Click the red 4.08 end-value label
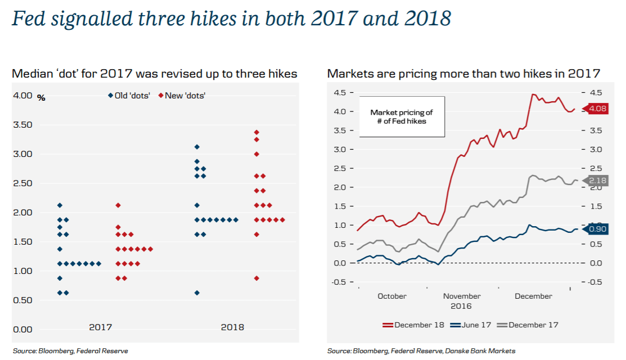click(598, 109)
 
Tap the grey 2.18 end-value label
click(598, 180)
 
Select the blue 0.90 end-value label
click(598, 229)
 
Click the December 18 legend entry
click(413, 325)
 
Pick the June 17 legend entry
click(471, 325)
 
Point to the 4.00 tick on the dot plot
click(22, 96)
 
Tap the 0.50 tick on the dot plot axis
click(22, 300)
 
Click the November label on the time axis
click(462, 296)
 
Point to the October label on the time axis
click(392, 296)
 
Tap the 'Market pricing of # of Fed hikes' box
click(402, 116)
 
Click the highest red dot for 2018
click(256, 132)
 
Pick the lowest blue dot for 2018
click(197, 292)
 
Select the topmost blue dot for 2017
click(60, 205)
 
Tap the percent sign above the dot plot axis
click(41, 98)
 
